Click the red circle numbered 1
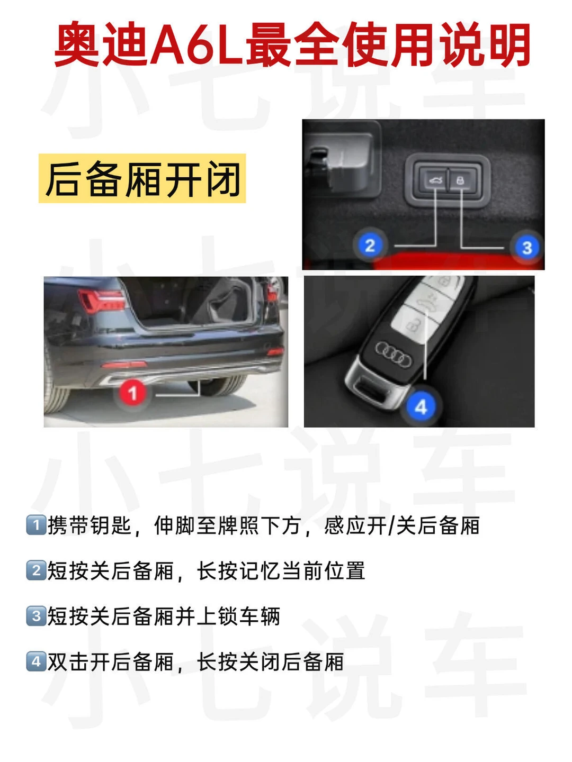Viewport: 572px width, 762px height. pos(132,393)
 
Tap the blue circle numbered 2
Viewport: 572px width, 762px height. pos(370,245)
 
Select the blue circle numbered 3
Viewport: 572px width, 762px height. pos(527,248)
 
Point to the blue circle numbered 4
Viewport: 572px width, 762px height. pos(421,406)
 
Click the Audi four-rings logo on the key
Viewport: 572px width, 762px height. pos(394,354)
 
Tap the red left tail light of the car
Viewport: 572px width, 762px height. pos(101,300)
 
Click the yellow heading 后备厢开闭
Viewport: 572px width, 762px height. pos(142,178)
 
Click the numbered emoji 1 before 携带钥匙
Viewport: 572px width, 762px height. pos(36,525)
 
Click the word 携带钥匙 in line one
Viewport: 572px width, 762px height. pos(90,525)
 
